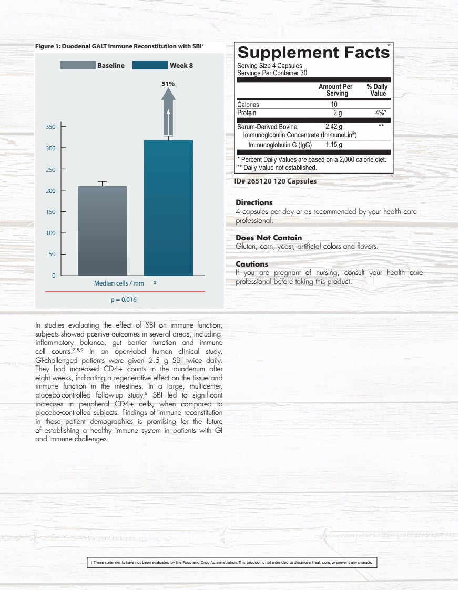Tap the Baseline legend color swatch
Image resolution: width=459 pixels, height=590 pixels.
(78, 65)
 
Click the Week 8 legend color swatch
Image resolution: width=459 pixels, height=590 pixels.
(150, 65)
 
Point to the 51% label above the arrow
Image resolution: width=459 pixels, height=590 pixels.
(168, 84)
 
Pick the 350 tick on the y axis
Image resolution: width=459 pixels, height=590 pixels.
(51, 127)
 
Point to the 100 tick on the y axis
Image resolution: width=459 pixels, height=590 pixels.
(51, 233)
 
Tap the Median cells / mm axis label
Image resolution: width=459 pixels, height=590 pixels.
(119, 283)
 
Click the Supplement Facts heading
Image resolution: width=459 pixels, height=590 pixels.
(313, 53)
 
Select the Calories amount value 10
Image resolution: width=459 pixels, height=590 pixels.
(333, 105)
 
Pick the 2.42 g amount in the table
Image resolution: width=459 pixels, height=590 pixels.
(333, 127)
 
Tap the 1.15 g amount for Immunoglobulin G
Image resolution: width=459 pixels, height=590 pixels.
(333, 145)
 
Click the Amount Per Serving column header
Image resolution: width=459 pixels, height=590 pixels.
(335, 90)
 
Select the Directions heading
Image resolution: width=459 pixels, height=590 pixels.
(254, 202)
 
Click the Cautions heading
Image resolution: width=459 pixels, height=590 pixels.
(252, 264)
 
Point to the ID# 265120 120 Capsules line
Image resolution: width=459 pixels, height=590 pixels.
(276, 181)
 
